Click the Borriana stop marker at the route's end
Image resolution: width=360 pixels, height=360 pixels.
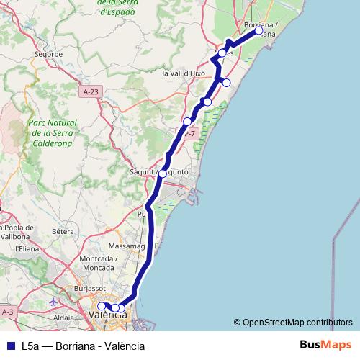[258, 31]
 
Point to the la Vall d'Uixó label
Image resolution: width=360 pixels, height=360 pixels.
[184, 73]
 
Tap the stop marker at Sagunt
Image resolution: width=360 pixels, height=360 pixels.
[164, 173]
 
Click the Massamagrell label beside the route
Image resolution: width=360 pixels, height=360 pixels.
[125, 246]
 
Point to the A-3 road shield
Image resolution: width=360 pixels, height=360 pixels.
[8, 311]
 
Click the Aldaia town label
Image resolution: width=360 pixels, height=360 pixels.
[66, 316]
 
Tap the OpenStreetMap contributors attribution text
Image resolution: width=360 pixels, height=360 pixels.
[297, 323]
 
